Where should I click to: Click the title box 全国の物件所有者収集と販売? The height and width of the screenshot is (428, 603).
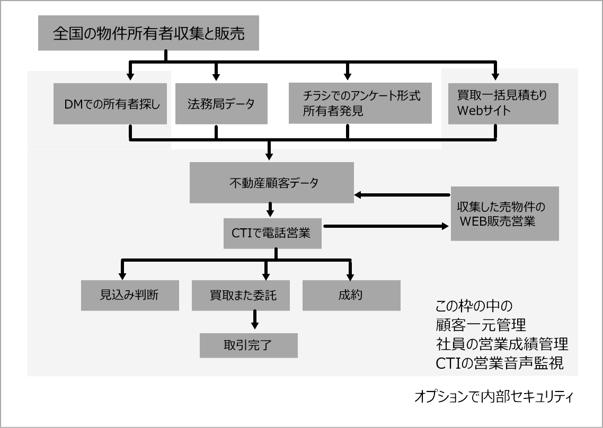[148, 34]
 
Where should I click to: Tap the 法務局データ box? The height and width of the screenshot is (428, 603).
[221, 104]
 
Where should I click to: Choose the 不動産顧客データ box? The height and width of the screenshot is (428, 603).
[271, 183]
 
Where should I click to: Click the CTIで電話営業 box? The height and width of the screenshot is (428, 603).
[272, 233]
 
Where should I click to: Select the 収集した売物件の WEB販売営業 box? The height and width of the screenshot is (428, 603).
[504, 213]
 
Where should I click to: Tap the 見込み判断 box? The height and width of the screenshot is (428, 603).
[129, 295]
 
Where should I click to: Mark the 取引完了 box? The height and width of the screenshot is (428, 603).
[248, 345]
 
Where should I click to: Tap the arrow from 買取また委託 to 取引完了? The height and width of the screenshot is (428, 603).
[255, 319]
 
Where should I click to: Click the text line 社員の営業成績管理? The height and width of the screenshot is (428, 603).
[502, 345]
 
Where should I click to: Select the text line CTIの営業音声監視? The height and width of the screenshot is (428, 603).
[499, 364]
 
